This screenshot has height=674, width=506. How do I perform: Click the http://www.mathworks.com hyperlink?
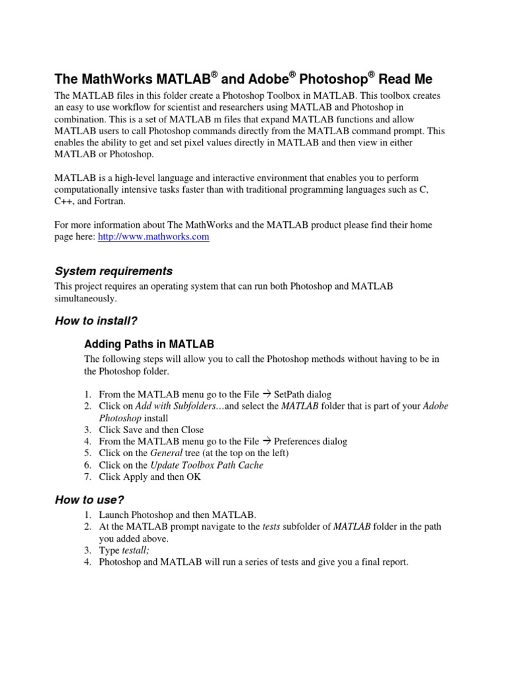(154, 237)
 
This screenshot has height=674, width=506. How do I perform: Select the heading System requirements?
(113, 271)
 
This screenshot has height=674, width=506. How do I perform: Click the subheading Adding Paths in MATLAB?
(149, 344)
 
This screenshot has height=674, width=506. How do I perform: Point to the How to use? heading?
(90, 500)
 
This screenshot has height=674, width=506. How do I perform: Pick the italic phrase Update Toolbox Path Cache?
(207, 465)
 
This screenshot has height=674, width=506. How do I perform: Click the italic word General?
(165, 453)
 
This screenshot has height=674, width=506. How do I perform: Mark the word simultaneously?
(86, 298)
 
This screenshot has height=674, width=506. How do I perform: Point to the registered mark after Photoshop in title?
(371, 75)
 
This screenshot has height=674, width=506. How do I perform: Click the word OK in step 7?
(194, 477)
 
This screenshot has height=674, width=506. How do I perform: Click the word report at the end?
(393, 562)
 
